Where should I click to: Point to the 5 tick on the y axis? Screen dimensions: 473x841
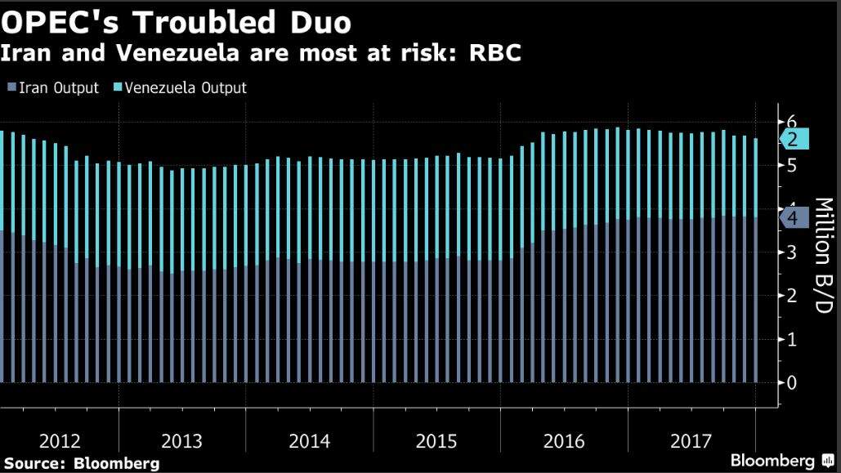pos(791,165)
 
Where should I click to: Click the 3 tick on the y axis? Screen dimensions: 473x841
pos(791,252)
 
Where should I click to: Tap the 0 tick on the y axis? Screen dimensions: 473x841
pos(791,382)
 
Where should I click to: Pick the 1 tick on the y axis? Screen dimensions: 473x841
pos(791,339)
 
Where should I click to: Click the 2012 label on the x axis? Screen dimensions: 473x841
pos(60,442)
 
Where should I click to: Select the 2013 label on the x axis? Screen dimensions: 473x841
pos(182,442)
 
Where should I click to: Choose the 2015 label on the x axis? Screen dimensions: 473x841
pos(436,442)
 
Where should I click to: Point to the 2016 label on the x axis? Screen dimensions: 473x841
pos(564,442)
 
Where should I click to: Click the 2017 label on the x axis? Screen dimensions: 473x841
pos(691,442)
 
